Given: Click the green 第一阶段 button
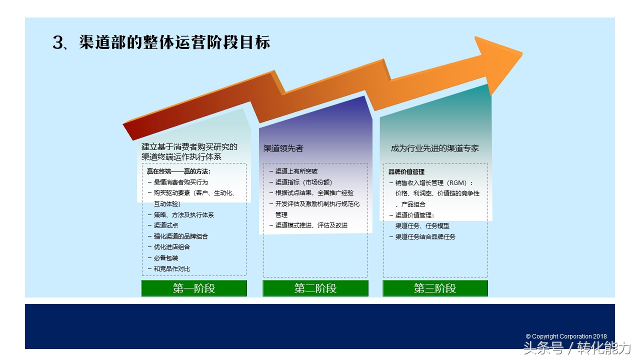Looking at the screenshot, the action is (194, 288).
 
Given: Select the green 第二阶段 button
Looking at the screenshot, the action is (315, 288).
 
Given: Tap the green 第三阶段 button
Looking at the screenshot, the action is (435, 288).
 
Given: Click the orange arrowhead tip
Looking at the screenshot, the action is (522, 53).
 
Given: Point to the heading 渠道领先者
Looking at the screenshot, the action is (283, 148).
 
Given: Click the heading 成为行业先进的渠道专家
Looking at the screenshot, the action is (434, 148).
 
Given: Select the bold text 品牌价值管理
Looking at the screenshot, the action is (406, 171).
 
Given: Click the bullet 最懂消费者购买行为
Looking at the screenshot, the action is (180, 182).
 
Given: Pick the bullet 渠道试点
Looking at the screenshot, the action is (165, 225).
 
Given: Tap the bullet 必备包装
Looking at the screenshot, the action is (165, 258).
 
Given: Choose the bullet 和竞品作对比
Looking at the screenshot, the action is (171, 269).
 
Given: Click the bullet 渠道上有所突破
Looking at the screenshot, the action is (296, 171).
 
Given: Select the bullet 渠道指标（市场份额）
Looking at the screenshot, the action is (303, 182).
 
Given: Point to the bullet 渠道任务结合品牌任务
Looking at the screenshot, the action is (425, 237).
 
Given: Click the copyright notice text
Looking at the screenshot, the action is (566, 336).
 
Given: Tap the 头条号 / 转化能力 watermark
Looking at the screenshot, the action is (576, 348).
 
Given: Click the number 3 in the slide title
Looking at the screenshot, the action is (58, 42).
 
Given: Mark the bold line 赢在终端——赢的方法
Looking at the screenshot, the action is (178, 171).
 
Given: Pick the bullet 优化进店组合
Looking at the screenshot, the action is (171, 247).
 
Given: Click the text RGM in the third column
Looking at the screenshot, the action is (457, 183).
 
